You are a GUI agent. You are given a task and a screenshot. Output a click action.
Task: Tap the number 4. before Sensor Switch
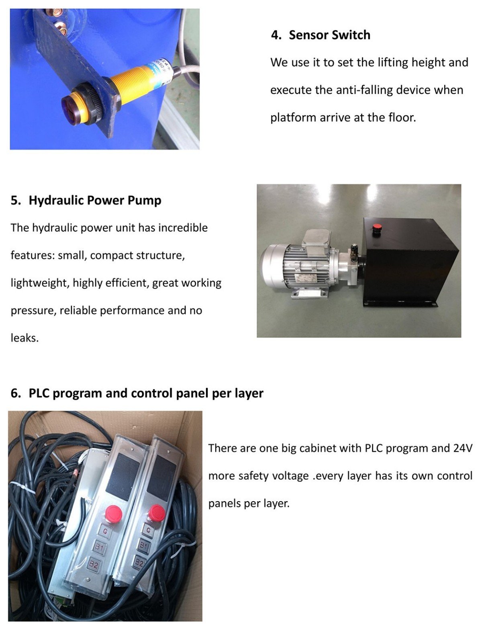click(x=276, y=35)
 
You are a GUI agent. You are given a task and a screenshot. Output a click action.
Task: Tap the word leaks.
click(x=25, y=338)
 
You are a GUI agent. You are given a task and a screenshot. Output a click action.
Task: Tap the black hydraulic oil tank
click(x=409, y=262)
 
